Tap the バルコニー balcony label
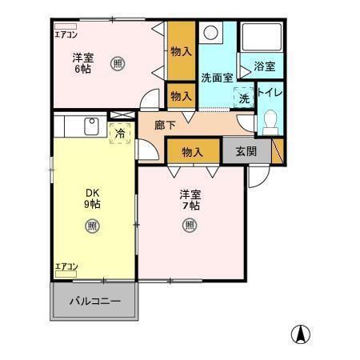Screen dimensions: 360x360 tap(94, 301)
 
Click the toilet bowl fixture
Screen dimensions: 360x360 tap(270, 121)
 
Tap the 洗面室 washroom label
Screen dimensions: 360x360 tap(216, 78)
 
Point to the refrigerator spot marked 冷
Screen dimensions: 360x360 tap(120, 134)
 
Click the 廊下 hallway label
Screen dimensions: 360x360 tap(165, 125)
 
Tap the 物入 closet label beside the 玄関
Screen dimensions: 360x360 tap(191, 150)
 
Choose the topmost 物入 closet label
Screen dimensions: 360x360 tap(181, 51)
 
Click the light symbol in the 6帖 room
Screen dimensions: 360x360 tap(118, 63)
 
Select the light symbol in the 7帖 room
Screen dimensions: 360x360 tap(190, 225)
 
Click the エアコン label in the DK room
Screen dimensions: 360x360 tap(66, 266)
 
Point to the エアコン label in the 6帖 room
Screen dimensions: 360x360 tap(66, 34)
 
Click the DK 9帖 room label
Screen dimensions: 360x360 tap(93, 198)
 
